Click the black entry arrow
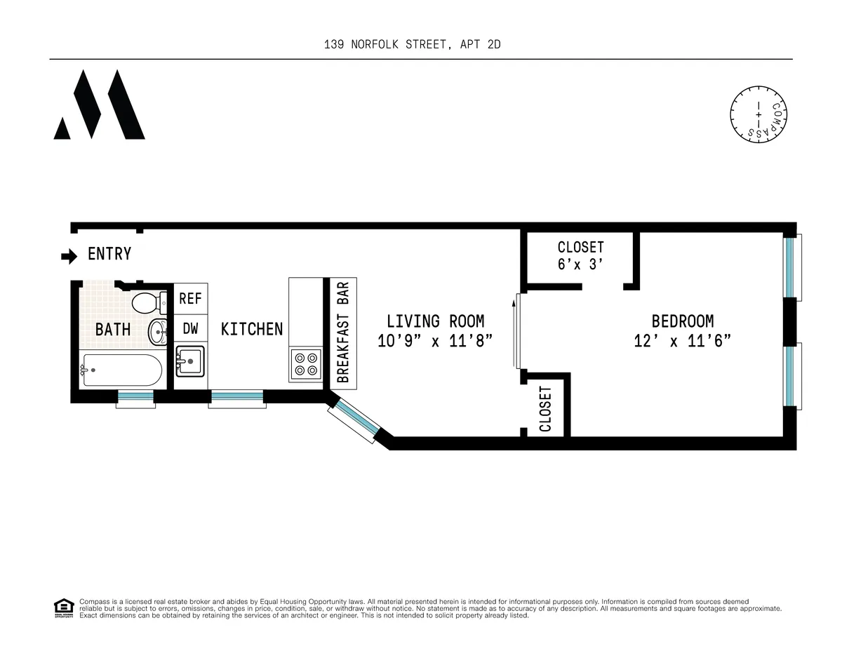tap(69, 257)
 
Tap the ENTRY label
tap(109, 254)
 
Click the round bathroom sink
tap(158, 331)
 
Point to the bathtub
tap(122, 370)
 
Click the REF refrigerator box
tap(190, 299)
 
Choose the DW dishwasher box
tap(190, 328)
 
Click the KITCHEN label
tap(252, 329)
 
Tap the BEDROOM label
tap(682, 321)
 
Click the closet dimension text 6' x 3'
tap(580, 266)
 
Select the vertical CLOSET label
tap(545, 409)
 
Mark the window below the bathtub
tap(135, 398)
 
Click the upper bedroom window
tap(791, 267)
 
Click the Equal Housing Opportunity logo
tap(63, 608)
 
